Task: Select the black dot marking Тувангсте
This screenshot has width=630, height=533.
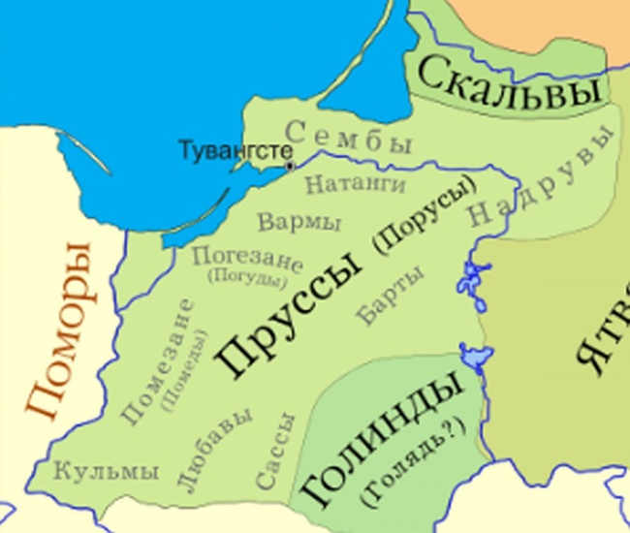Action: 290,167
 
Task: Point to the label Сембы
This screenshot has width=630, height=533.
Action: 350,138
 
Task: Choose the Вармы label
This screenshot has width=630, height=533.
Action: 299,222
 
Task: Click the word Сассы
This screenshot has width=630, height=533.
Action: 274,452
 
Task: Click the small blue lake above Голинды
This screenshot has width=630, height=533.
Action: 474,356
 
